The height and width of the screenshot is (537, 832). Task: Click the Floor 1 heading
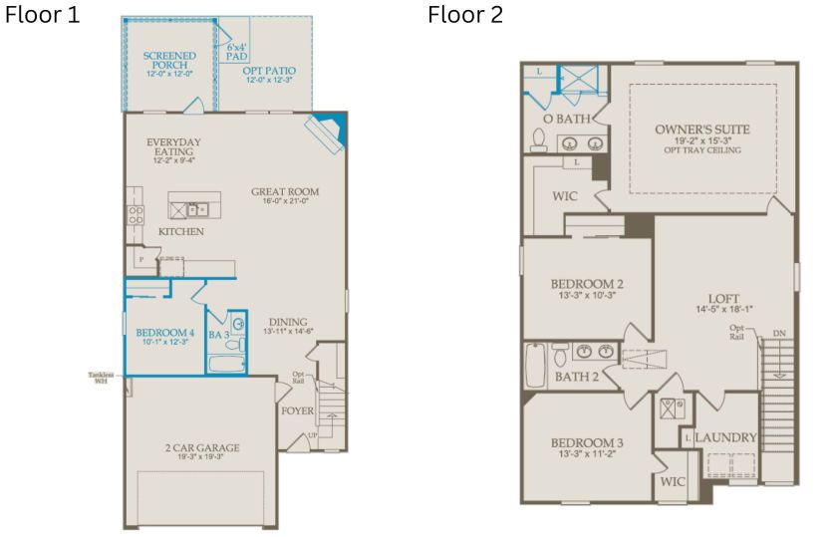(43, 17)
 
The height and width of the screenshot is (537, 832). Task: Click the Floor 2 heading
(465, 16)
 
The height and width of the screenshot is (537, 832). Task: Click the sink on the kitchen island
(198, 209)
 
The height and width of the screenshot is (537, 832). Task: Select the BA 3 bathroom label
(219, 335)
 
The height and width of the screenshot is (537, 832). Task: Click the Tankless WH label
(100, 378)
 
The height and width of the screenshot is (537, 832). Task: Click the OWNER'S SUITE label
(702, 131)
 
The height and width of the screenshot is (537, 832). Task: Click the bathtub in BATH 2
(535, 365)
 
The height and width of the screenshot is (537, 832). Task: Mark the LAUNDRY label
(725, 437)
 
